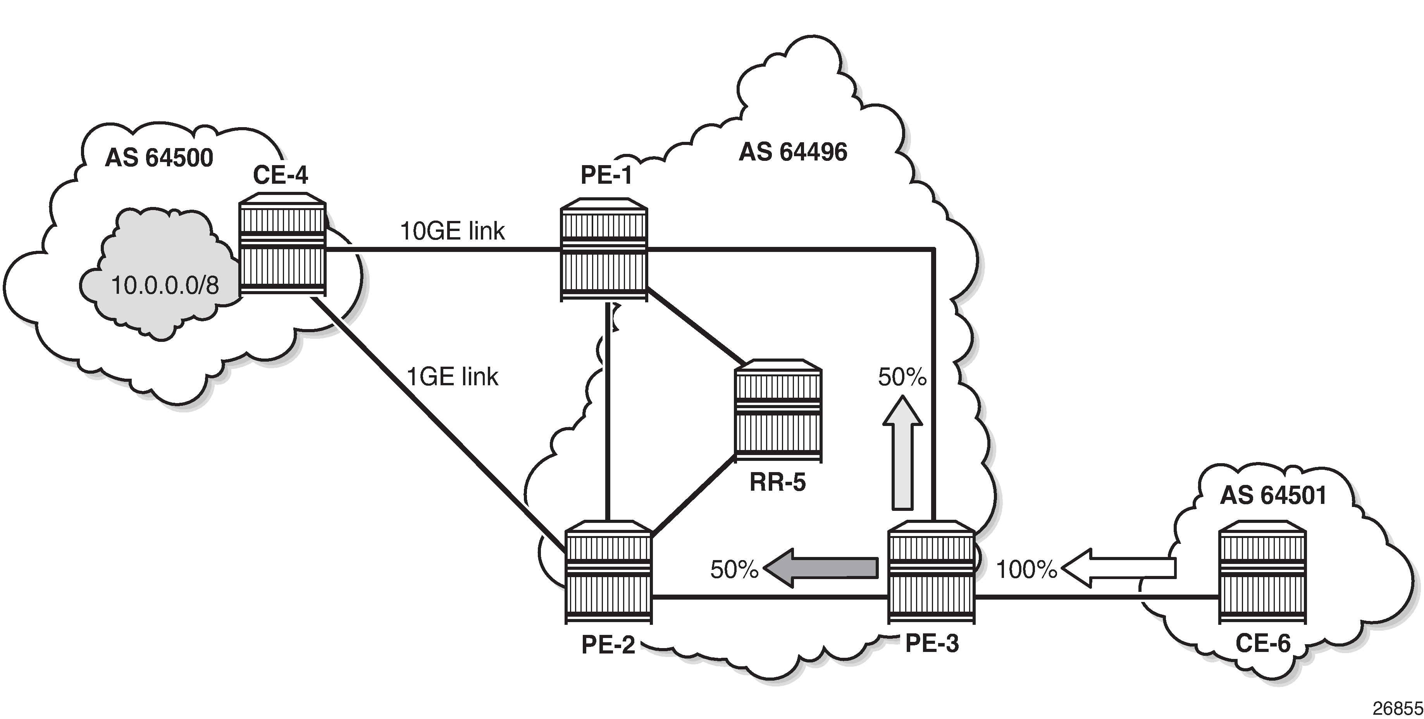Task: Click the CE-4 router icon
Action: [x=282, y=244]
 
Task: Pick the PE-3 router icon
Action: [x=931, y=571]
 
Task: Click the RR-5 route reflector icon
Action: [x=778, y=410]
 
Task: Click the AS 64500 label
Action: [x=159, y=158]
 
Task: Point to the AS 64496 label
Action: [x=793, y=152]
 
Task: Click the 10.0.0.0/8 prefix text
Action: [x=165, y=285]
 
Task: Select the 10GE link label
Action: [x=452, y=231]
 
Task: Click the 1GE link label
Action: [x=452, y=377]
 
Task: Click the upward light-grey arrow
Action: [x=902, y=452]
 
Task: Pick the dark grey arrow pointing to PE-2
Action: [x=820, y=567]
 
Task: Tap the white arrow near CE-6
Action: [x=1118, y=567]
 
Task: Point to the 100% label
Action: [x=1026, y=569]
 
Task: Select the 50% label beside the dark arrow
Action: [x=734, y=569]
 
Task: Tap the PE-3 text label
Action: [x=932, y=643]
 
